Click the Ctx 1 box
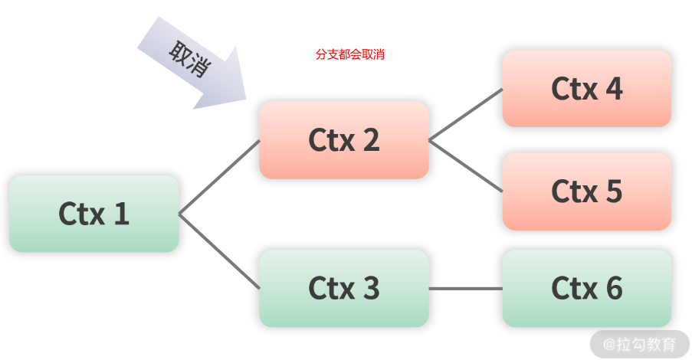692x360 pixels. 94,214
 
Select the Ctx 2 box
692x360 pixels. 344,140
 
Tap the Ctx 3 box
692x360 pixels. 344,288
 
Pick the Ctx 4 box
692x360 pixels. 587,89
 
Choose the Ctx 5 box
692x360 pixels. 587,191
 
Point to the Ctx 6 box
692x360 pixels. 587,288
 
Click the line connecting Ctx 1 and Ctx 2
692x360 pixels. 219,178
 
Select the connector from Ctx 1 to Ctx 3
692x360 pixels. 219,251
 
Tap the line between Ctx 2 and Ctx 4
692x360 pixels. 466,115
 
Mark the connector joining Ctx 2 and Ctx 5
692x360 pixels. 466,166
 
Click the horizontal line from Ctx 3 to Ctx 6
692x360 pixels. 466,289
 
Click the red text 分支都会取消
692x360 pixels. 350,54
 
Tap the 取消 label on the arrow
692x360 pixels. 190,59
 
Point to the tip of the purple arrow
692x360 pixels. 246,100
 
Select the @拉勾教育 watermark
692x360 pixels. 639,344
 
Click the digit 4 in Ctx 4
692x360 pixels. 614,89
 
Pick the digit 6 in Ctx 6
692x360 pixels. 615,289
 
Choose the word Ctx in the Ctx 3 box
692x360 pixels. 332,289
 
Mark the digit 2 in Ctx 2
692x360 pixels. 371,140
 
